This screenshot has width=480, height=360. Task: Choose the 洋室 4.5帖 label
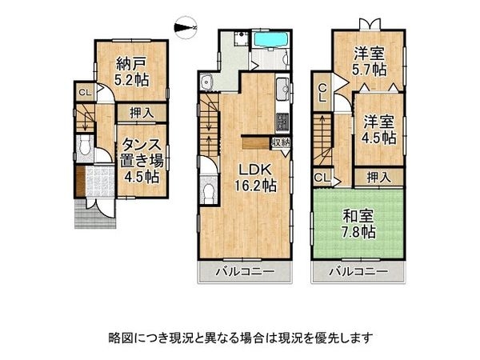pos(379,130)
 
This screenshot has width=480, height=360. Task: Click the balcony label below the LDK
pos(244,272)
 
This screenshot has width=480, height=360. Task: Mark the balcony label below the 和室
pos(358,272)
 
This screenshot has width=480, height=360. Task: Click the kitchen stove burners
pos(282,122)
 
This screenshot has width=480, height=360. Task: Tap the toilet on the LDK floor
pos(206,190)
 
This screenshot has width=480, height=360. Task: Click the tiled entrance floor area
pos(101,181)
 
